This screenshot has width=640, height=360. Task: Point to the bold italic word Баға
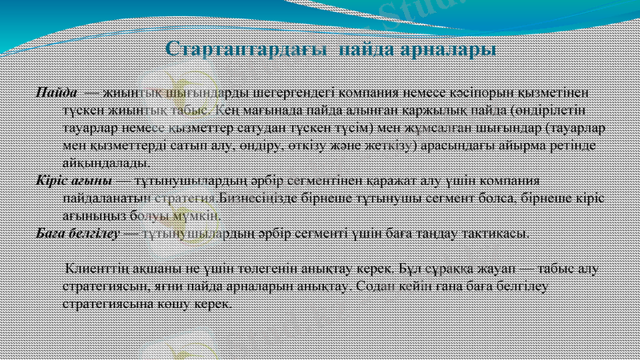[x=52, y=233]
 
